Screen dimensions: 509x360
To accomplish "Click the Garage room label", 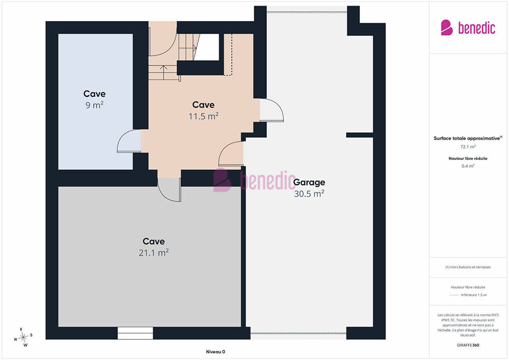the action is coord(309,183).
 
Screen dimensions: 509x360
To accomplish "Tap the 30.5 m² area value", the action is coord(309,194).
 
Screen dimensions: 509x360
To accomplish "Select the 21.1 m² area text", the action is coord(154,253).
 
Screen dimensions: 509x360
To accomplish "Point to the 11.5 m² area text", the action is coord(204,116).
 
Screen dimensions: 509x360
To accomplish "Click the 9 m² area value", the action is coord(95,105).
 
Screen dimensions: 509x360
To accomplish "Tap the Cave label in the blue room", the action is coord(95,94).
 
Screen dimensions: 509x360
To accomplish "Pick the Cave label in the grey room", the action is coord(154,242).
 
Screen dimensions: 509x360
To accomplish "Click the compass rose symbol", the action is coord(23,337).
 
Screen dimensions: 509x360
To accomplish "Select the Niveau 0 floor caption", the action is coord(215,352).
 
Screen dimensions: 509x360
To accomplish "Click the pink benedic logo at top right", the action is coord(468,28).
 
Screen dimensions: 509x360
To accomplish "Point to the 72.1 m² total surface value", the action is coord(468,147).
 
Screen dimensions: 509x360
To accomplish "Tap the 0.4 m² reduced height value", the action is coord(468,166).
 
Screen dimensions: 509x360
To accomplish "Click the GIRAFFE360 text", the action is coord(468,345).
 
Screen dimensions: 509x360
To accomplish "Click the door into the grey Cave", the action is coord(169,190).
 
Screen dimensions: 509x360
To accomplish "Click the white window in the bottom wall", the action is coord(135,333).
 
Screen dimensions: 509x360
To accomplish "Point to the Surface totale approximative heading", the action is coord(468,138).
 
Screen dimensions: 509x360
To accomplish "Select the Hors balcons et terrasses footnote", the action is coord(468,267).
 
